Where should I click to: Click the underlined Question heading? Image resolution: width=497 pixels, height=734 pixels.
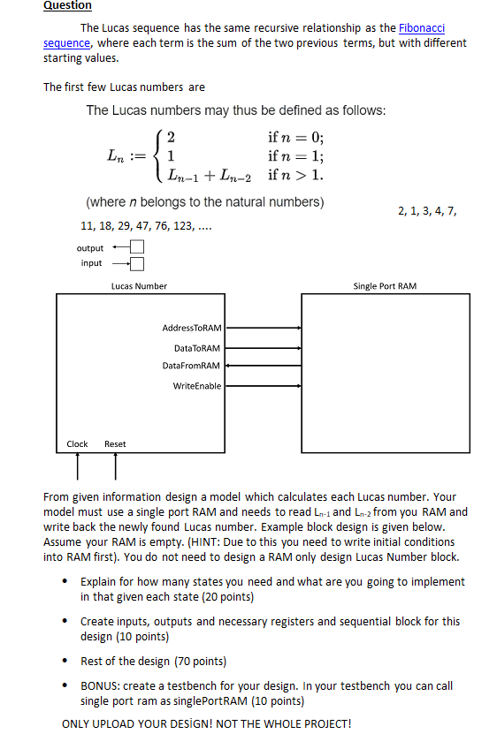(67, 5)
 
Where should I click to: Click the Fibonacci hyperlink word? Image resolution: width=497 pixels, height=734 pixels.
(423, 29)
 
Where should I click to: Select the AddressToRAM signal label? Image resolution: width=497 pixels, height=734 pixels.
(192, 328)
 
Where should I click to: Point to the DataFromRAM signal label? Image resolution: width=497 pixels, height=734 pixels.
(192, 365)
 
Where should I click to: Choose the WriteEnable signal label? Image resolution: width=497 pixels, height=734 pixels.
(197, 386)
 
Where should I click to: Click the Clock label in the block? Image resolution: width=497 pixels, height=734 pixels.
(78, 443)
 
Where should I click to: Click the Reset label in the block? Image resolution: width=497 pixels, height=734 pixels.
(115, 443)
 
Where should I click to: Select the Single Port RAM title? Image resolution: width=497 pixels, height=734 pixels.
(385, 285)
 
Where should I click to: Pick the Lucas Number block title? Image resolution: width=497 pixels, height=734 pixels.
(139, 285)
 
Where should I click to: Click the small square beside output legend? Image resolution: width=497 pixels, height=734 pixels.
(137, 247)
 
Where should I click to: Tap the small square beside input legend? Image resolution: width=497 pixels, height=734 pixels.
(137, 262)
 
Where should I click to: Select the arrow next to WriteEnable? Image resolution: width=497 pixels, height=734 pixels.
(262, 386)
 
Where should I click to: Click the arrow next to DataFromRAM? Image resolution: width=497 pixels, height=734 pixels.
(262, 365)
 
